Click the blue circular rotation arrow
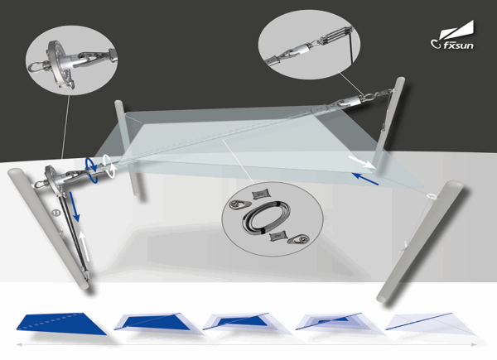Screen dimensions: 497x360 (90, 170)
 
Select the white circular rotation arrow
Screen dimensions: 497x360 (109, 166)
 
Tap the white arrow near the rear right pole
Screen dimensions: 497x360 (360, 162)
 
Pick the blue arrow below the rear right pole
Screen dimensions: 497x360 (365, 179)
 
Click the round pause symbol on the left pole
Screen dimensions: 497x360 (56, 213)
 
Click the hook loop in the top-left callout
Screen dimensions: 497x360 (37, 67)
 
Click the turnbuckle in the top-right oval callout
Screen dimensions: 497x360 (336, 36)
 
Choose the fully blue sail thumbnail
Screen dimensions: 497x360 (62, 324)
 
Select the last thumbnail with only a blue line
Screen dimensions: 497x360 (430, 324)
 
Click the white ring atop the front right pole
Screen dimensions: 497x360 (432, 196)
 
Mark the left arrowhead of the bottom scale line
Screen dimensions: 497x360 (19, 344)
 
